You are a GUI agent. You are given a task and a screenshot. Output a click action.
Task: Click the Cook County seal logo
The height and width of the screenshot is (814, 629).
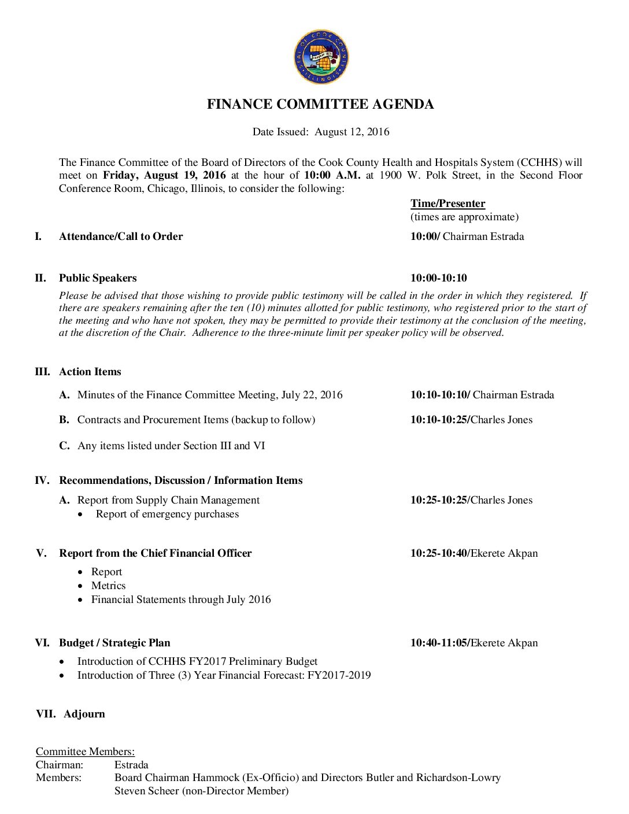[x=321, y=57]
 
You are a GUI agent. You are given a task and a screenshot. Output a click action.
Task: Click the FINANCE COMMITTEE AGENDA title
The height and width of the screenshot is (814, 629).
[x=320, y=105]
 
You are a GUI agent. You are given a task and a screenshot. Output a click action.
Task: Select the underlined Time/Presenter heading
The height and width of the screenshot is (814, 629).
[x=447, y=203]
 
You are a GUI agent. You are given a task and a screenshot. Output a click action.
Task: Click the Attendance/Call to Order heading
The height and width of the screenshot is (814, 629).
[x=121, y=236]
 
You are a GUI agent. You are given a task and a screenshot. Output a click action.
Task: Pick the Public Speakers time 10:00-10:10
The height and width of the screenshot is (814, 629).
[x=438, y=278]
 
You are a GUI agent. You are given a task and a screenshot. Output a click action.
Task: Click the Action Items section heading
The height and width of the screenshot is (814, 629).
[x=90, y=372]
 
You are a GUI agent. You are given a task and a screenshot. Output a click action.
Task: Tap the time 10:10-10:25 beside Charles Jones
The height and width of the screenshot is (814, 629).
[x=439, y=420]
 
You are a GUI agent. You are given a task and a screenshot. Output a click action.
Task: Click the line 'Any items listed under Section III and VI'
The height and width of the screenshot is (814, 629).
[x=171, y=446]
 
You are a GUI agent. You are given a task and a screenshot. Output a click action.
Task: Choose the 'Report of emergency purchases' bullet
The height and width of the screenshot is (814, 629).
[x=167, y=514]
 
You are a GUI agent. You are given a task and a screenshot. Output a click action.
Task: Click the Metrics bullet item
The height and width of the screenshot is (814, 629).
[x=108, y=586]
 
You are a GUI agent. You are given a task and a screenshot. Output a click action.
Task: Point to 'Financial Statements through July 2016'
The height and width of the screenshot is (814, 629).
[x=181, y=600]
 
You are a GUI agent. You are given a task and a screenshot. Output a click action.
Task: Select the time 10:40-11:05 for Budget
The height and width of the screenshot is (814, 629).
[x=439, y=643]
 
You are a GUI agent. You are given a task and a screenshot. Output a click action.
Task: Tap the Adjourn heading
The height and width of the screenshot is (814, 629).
[x=84, y=714]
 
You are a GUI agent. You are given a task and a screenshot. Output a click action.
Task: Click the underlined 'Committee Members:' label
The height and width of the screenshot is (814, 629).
[x=85, y=752]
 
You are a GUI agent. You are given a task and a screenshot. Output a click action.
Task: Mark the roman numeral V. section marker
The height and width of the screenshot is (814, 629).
[x=41, y=553]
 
